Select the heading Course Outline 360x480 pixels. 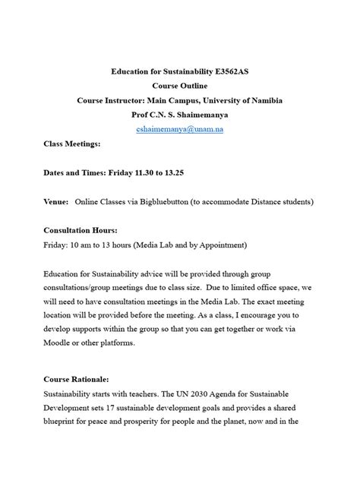pos(180,87)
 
